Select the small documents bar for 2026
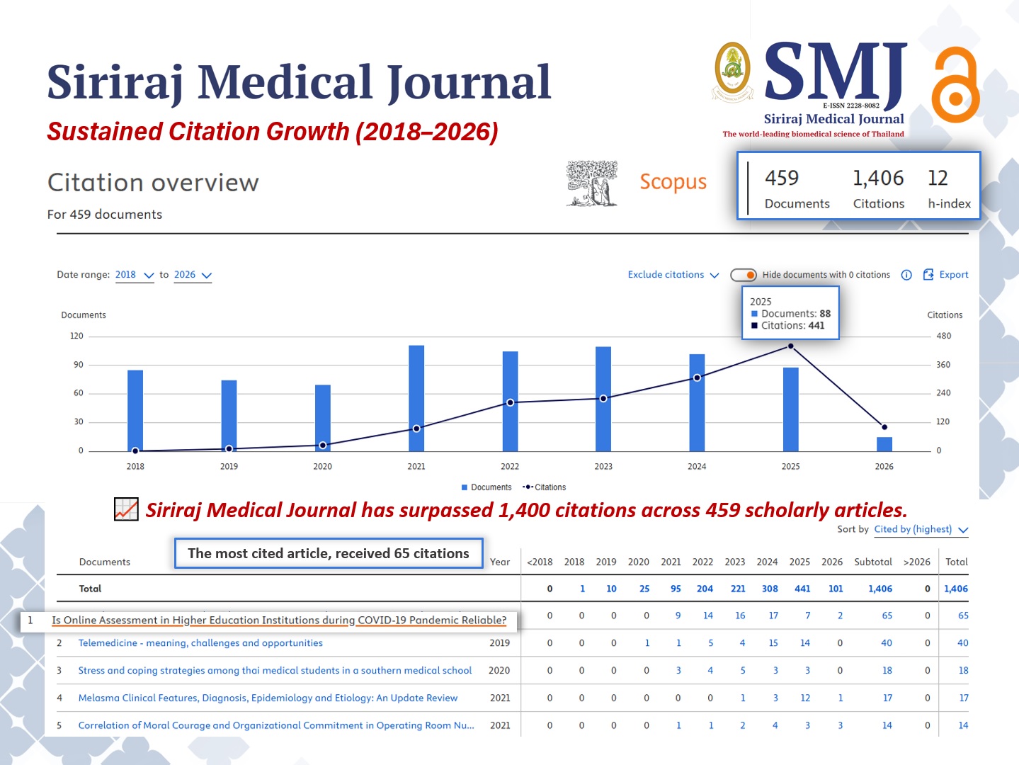pyautogui.click(x=884, y=444)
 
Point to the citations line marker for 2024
pyautogui.click(x=697, y=378)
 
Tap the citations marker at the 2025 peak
pyautogui.click(x=790, y=346)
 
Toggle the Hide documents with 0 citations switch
pyautogui.click(x=744, y=275)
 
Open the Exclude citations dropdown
pyautogui.click(x=673, y=275)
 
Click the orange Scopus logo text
pyautogui.click(x=673, y=182)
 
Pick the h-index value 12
pyautogui.click(x=938, y=178)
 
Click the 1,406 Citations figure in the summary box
pyautogui.click(x=878, y=178)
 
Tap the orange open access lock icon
pyautogui.click(x=956, y=85)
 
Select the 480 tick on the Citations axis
pyautogui.click(x=943, y=336)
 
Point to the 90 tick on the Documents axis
pyautogui.click(x=79, y=365)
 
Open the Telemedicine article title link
pyautogui.click(x=200, y=643)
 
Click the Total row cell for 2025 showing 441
pyautogui.click(x=802, y=589)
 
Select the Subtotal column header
pyautogui.click(x=872, y=562)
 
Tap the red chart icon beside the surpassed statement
pyautogui.click(x=126, y=509)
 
